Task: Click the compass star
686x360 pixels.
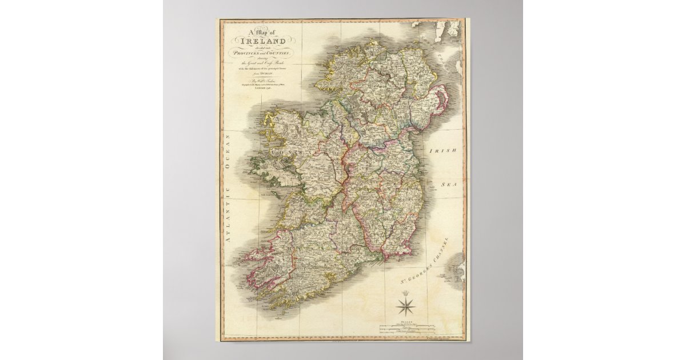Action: click(407, 309)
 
